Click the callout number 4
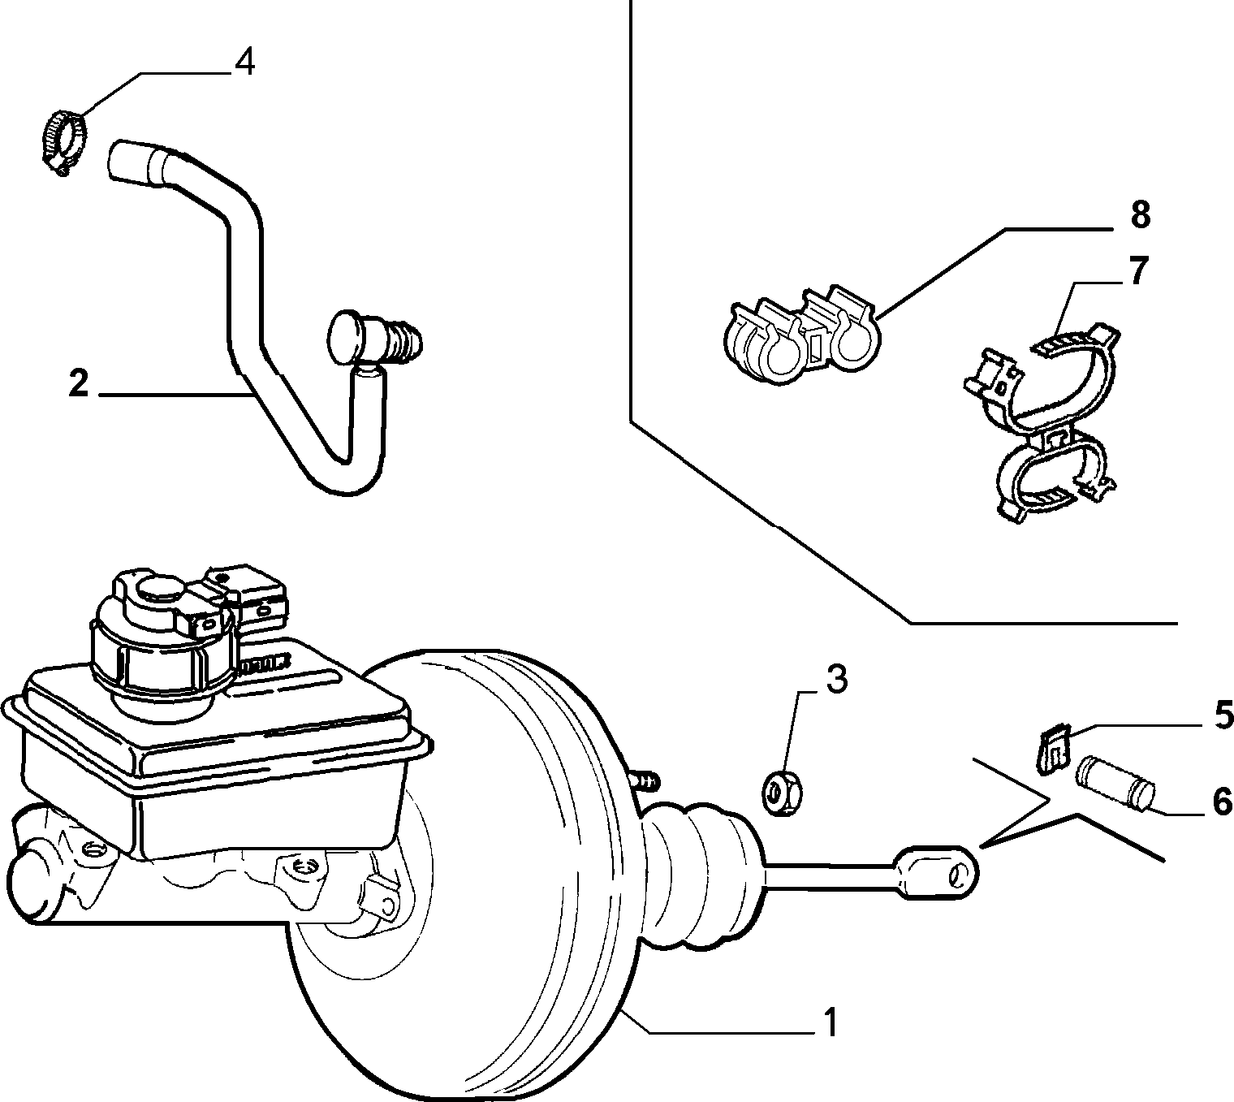[244, 63]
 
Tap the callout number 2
[79, 384]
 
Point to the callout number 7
[1138, 270]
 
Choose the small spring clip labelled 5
[1053, 749]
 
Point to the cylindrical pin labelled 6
[1115, 784]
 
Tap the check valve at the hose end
[374, 338]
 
